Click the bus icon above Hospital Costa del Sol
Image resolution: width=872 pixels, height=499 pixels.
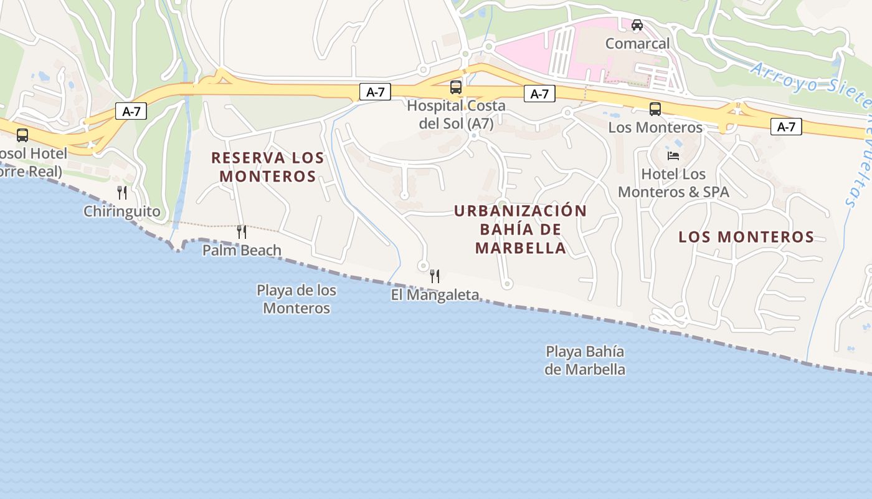pyautogui.click(x=456, y=87)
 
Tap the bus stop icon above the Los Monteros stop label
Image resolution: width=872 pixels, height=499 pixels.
pyautogui.click(x=655, y=109)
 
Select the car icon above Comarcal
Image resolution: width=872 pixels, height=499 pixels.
pyautogui.click(x=637, y=25)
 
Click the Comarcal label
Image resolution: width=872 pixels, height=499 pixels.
pyautogui.click(x=637, y=44)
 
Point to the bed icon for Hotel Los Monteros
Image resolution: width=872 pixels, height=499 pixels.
pyautogui.click(x=673, y=155)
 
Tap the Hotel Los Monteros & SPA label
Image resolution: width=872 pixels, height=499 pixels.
pyautogui.click(x=673, y=183)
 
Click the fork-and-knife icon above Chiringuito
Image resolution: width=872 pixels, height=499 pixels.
pyautogui.click(x=122, y=193)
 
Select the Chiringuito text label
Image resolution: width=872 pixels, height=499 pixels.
pyautogui.click(x=122, y=211)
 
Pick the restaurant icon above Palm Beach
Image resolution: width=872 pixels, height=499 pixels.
pyautogui.click(x=242, y=232)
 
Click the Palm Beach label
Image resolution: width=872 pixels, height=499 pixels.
pyautogui.click(x=242, y=250)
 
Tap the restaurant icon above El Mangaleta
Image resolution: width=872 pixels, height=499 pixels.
pyautogui.click(x=435, y=276)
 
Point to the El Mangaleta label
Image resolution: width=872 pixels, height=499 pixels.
pyautogui.click(x=435, y=294)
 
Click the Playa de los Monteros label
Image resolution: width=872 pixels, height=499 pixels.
pyautogui.click(x=296, y=299)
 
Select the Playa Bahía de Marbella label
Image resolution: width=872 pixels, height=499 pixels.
pyautogui.click(x=585, y=361)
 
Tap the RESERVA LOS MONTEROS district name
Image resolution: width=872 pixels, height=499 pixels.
pyautogui.click(x=268, y=167)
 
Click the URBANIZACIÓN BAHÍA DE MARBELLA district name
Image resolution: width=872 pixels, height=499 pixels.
pyautogui.click(x=521, y=229)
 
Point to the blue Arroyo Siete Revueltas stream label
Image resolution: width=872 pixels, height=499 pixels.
pyautogui.click(x=810, y=87)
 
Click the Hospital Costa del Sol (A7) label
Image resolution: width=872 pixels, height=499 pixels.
pyautogui.click(x=456, y=115)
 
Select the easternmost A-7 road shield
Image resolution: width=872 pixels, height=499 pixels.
pyautogui.click(x=786, y=127)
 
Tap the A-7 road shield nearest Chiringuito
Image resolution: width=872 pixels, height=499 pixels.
pyautogui.click(x=131, y=112)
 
